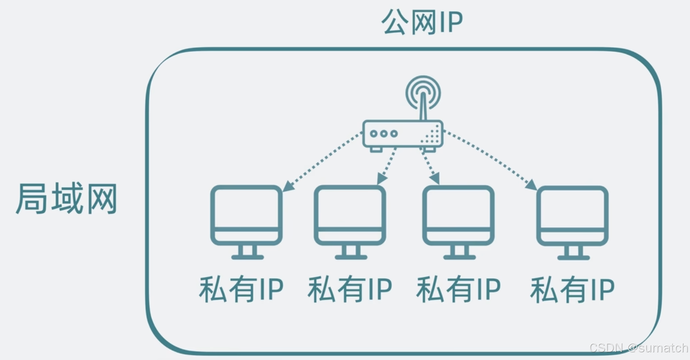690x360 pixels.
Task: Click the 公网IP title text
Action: [422, 22]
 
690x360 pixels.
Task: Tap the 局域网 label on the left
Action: [67, 199]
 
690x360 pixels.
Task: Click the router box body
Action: [402, 134]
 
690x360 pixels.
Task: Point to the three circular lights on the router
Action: [384, 133]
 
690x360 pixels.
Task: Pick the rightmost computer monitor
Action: [572, 215]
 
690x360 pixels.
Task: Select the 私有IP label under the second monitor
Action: [349, 290]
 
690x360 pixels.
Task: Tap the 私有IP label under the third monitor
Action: [458, 290]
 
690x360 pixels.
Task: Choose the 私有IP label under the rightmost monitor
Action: [572, 290]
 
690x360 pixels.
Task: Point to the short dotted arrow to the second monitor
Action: [387, 166]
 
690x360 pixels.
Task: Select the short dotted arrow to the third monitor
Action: [430, 166]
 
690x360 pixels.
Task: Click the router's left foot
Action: [376, 150]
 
